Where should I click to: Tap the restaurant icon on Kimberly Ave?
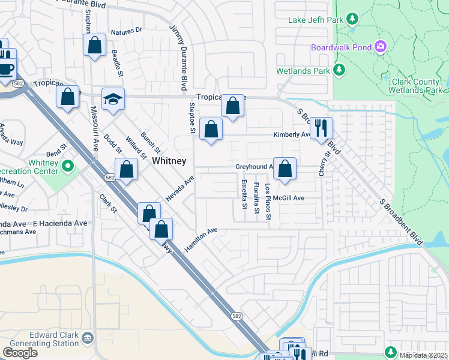pos(321,128)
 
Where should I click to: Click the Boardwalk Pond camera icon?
pos(379,47)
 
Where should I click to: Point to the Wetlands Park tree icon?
pos(339,71)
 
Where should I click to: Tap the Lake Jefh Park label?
pos(315,20)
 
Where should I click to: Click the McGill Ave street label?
pos(289,198)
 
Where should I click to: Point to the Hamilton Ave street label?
pos(201,239)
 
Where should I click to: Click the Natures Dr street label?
pos(126,29)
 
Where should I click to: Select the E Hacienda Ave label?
pos(61,223)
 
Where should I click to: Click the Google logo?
pos(20,353)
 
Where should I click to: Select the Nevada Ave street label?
pos(180,189)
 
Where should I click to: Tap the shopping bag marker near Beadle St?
pos(94,46)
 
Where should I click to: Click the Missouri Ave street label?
pos(94,128)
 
